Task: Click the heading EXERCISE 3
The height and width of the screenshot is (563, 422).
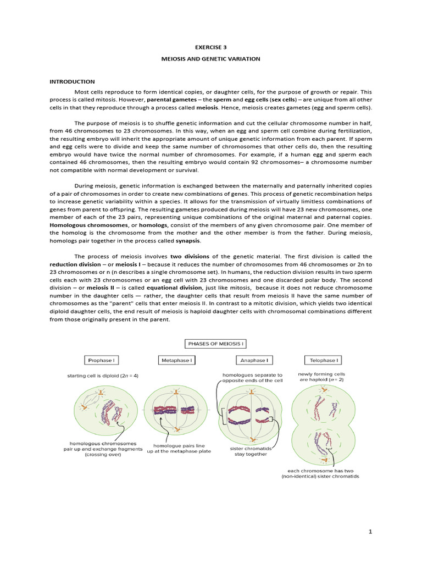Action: click(x=211, y=48)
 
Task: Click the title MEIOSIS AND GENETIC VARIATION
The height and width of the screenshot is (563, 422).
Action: click(x=211, y=59)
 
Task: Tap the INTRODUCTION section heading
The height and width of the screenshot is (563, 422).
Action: click(x=72, y=81)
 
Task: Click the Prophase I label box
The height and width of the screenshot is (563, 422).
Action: click(x=103, y=361)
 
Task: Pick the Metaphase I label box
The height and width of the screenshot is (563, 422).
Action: click(x=176, y=361)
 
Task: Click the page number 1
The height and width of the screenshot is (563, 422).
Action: click(x=371, y=532)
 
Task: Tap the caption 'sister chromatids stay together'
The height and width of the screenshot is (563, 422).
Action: click(x=251, y=451)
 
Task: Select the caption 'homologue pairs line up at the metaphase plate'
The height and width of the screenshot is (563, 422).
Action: click(x=174, y=448)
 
